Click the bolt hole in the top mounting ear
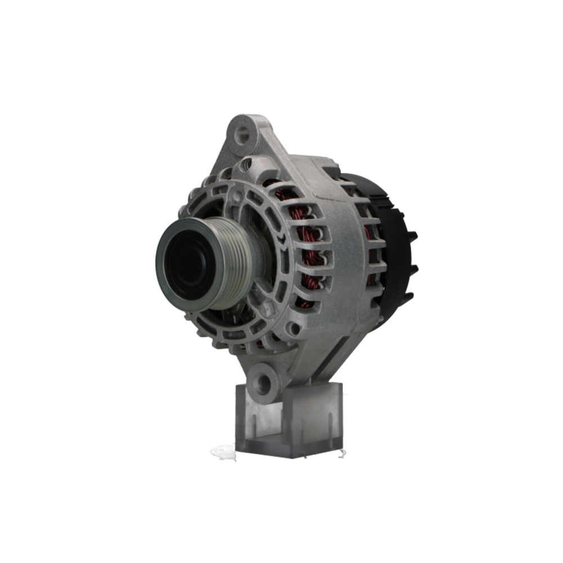point(243,134)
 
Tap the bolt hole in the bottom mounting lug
point(262,383)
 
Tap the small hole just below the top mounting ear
point(246,165)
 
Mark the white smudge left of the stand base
point(223,451)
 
